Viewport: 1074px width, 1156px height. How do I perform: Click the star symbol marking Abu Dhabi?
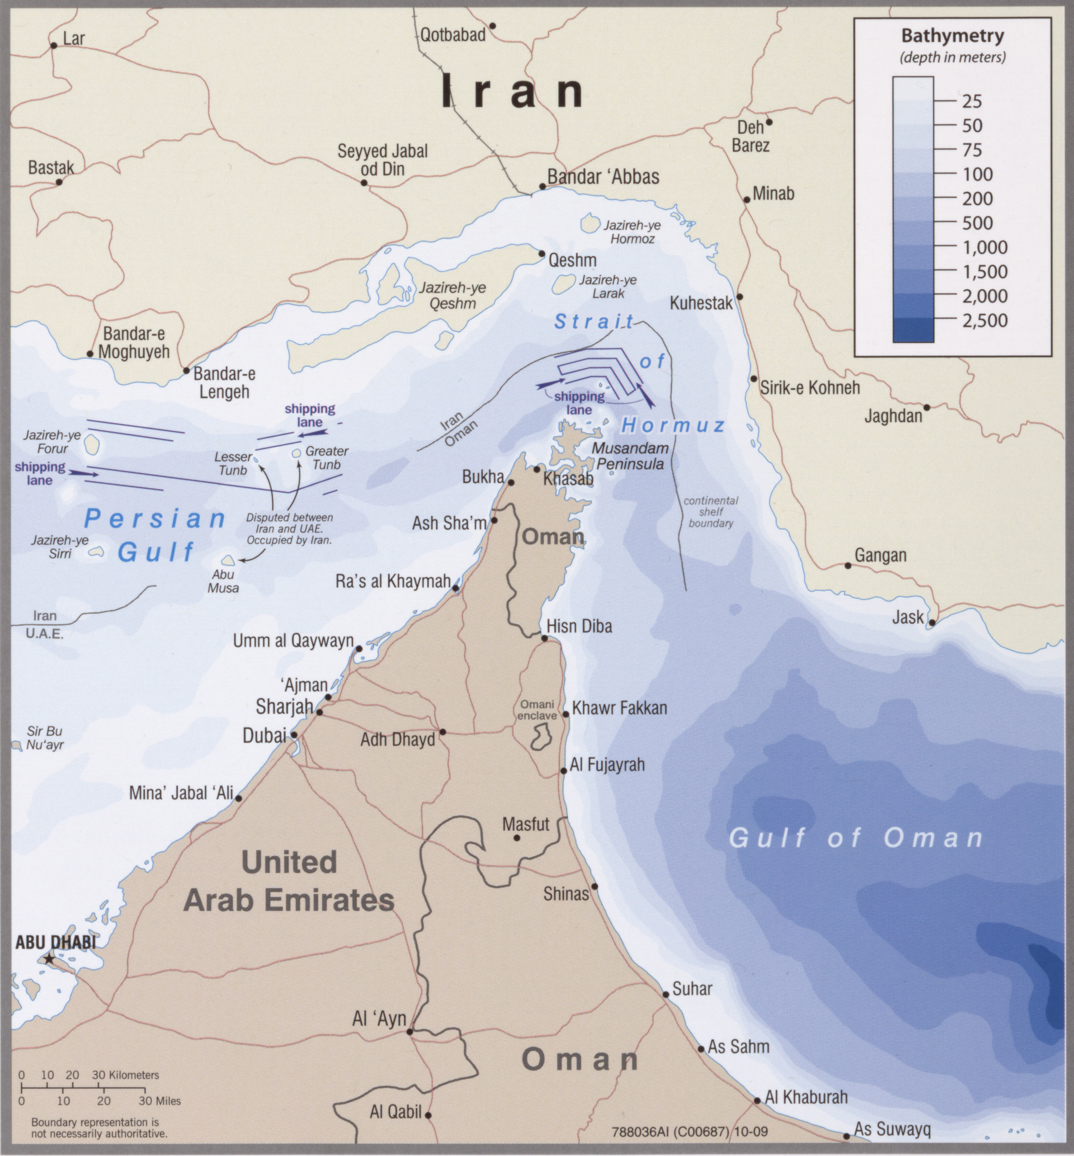click(49, 959)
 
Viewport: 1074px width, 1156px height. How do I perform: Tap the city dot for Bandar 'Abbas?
click(542, 186)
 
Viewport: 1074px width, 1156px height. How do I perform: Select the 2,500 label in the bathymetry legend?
click(984, 320)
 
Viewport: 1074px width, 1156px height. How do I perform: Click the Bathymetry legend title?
click(952, 36)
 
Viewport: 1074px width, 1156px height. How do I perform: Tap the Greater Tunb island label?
click(327, 457)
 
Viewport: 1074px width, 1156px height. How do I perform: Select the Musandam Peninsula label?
click(630, 456)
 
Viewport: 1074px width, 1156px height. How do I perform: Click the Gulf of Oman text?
click(855, 838)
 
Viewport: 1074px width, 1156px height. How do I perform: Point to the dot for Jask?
click(931, 622)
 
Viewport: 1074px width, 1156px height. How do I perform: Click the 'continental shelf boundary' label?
click(711, 512)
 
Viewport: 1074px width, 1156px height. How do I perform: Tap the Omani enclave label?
click(536, 710)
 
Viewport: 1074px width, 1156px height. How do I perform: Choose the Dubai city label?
click(265, 735)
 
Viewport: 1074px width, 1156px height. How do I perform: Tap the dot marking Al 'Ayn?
click(409, 1032)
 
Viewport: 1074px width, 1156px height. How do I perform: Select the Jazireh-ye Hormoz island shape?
click(590, 223)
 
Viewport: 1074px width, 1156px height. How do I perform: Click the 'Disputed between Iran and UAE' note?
click(289, 528)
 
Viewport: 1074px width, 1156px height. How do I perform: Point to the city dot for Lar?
click(54, 45)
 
